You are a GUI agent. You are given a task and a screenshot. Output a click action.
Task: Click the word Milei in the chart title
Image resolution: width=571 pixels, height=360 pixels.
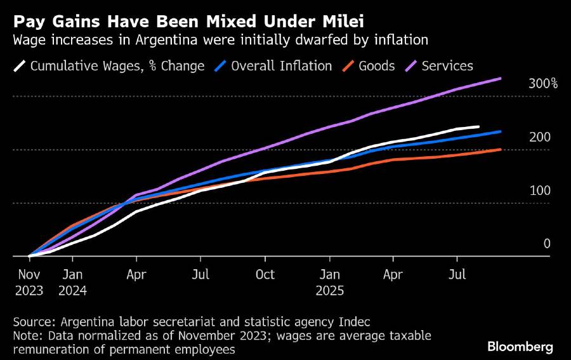(x=341, y=22)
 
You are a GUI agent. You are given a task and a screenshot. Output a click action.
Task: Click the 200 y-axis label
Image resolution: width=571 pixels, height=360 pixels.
(x=539, y=137)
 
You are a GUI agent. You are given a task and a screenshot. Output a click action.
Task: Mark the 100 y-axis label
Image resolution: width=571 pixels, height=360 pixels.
(x=539, y=190)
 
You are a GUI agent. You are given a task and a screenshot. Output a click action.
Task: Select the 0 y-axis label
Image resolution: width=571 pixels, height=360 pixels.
(x=546, y=244)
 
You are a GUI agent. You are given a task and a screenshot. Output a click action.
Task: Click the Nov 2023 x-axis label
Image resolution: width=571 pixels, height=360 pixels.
(x=29, y=283)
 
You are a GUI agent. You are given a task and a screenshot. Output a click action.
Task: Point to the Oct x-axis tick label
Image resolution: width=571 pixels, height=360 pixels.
(x=265, y=275)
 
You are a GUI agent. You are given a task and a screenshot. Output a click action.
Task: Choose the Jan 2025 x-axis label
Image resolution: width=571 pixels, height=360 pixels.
(x=329, y=283)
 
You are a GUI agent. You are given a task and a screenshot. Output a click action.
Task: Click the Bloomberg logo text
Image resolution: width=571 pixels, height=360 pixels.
(x=520, y=347)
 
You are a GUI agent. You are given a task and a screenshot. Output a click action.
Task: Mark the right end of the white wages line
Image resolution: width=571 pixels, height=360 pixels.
(x=478, y=126)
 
